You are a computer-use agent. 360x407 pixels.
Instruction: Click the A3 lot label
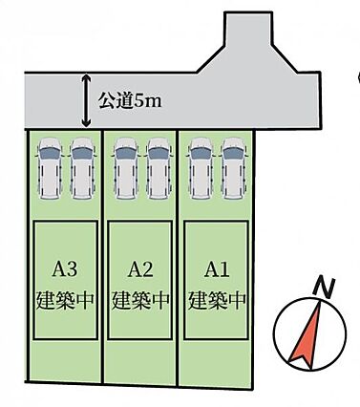65,270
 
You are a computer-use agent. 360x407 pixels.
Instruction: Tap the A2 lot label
140,270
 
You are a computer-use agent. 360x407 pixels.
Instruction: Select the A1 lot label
217,270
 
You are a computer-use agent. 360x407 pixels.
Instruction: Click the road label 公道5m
130,100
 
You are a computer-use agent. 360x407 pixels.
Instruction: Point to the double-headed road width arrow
86,100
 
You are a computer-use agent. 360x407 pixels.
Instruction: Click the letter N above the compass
325,288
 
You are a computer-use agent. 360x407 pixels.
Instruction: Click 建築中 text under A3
65,299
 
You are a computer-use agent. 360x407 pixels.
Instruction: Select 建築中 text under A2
140,299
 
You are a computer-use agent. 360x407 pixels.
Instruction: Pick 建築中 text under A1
217,299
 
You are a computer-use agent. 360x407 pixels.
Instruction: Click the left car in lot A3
50,168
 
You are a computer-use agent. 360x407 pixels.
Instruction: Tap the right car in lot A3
82,168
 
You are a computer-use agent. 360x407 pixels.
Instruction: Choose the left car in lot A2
126,168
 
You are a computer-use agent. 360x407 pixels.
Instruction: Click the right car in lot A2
159,168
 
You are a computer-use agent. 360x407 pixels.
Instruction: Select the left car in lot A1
201,168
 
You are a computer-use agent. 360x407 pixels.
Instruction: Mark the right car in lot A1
234,168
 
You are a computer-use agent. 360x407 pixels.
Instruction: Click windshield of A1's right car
234,154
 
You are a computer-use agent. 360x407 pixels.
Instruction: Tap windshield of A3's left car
50,154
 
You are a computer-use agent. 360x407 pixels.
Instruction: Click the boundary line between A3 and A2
102,256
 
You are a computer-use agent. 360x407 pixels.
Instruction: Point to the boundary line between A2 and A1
178,257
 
